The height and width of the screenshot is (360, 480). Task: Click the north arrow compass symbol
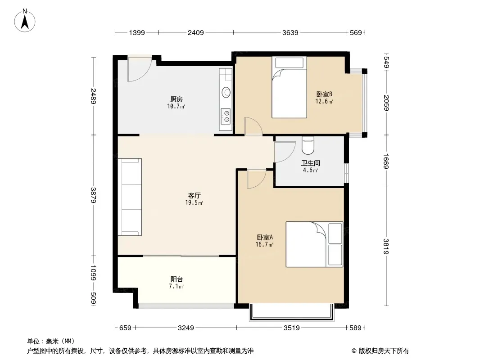(25, 21)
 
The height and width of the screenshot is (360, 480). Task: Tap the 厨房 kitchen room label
(177, 99)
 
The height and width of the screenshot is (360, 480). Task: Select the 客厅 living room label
(194, 195)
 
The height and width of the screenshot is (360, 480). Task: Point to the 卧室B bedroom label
(324, 94)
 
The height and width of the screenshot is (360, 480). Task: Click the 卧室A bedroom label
(264, 237)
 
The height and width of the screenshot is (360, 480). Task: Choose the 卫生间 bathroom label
(310, 163)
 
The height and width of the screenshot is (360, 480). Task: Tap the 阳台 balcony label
(177, 279)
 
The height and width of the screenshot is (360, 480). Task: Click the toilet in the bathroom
(308, 145)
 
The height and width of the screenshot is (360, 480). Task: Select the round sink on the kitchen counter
(226, 92)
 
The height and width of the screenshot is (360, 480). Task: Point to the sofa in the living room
(130, 197)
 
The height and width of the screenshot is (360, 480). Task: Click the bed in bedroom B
(289, 87)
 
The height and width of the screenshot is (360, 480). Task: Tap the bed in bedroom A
(314, 244)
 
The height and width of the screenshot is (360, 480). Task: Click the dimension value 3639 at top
(290, 32)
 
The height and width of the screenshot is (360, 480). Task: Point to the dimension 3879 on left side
(93, 195)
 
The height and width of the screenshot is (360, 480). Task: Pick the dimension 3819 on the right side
(386, 246)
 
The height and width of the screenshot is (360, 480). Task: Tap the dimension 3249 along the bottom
(186, 328)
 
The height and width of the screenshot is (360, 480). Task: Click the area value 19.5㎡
(194, 202)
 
